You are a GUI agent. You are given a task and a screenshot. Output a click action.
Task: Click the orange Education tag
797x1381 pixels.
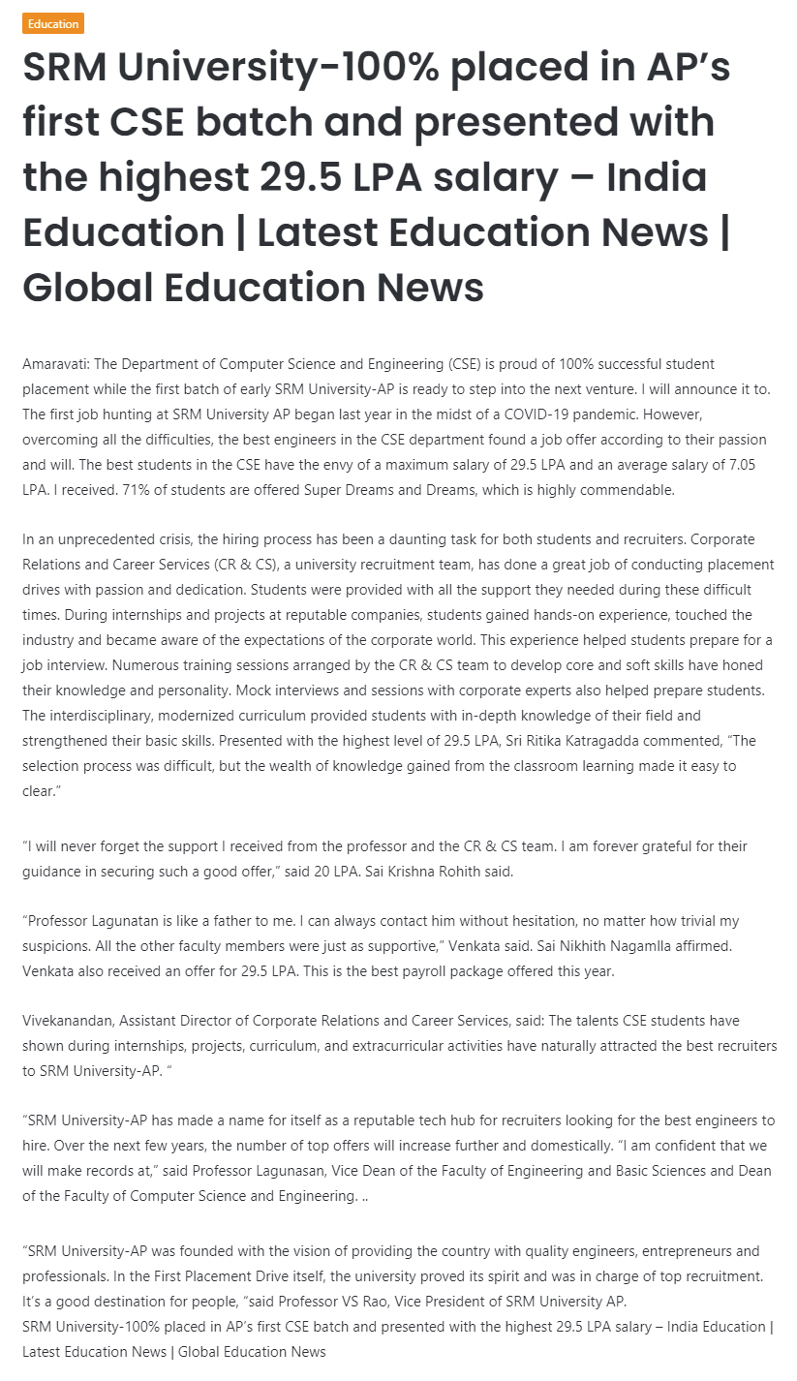(x=53, y=23)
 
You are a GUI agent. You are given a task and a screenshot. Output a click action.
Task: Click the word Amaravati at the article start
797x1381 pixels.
(x=54, y=364)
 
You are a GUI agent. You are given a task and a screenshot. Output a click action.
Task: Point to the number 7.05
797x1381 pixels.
(x=735, y=465)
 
